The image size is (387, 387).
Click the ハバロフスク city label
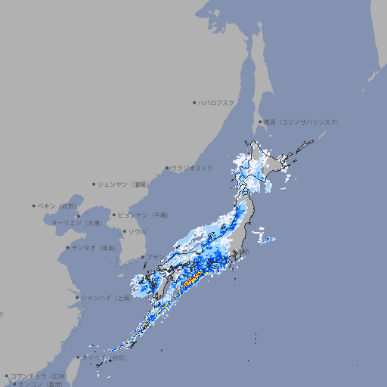216,103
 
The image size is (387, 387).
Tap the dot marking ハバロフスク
194,103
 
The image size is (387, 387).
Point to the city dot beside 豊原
260,122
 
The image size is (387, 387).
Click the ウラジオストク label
192,168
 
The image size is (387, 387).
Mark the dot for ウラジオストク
167,168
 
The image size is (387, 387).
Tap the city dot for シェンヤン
94,184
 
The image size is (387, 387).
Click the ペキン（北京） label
57,206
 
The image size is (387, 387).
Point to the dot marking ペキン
34,206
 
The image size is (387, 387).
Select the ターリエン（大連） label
76,223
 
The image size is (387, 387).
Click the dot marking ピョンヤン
115,215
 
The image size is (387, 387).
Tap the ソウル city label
137,232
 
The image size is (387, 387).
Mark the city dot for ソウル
124,232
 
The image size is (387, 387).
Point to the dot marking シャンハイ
77,298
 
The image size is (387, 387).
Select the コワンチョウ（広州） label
39,376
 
